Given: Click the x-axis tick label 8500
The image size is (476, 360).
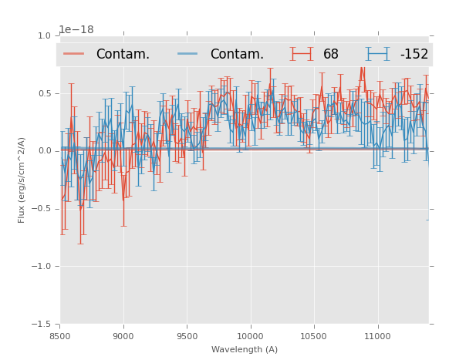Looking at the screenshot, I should coord(60,336).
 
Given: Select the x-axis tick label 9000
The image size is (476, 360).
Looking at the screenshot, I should coord(123,336).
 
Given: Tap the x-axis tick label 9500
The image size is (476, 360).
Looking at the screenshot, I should coord(187,336).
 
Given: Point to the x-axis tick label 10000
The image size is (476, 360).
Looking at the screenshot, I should coord(250,336).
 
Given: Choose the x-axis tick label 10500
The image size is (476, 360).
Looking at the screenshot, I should coord(314,336).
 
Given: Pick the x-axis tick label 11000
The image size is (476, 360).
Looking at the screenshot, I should coord(377,336).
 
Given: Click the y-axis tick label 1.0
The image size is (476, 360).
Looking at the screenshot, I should coord(43,35).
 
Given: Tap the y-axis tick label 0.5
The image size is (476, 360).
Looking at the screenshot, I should coord(43,93).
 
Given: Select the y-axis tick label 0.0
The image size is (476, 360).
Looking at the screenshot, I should coord(43,151).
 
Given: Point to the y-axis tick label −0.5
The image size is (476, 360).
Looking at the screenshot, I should coord(41,209).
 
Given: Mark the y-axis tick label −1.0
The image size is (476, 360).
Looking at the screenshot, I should coord(41,267).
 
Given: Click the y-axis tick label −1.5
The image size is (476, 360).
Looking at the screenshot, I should coord(41,325).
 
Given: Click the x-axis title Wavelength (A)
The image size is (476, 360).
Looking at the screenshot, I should coord(244,349).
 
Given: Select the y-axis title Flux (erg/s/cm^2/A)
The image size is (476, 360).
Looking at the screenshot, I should coord(22,180).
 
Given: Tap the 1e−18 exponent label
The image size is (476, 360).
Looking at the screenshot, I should coord(76,29).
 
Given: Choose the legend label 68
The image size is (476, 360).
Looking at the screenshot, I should coord(331,55).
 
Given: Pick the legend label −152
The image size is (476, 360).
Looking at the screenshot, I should coord(414,55).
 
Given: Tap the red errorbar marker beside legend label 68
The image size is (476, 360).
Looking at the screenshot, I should coord(302,54).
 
